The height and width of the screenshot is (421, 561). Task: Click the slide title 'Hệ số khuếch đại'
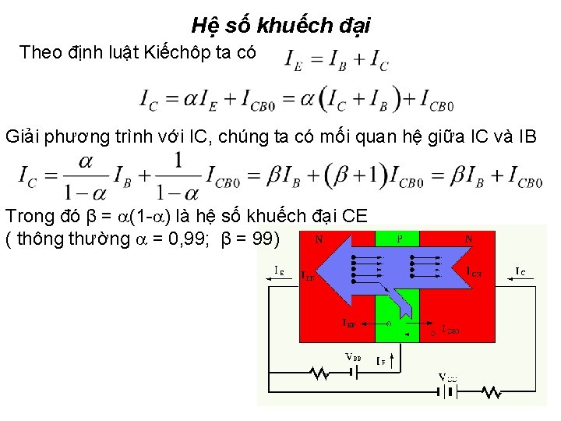click(x=280, y=25)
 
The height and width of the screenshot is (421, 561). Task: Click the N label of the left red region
click(x=319, y=240)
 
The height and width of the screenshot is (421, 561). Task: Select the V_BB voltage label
click(x=354, y=357)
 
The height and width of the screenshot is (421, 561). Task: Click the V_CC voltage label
click(x=446, y=378)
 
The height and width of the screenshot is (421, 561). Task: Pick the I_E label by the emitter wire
click(x=279, y=270)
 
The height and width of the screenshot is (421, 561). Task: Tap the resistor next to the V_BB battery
click(x=319, y=373)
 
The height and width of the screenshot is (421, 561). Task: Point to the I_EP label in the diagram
click(x=351, y=322)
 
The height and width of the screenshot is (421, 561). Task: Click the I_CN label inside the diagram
click(x=474, y=272)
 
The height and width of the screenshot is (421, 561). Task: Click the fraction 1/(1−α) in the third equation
click(x=178, y=175)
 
